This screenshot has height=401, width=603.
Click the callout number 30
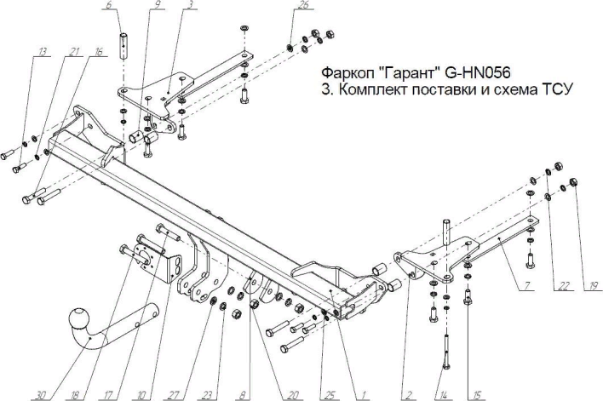pyautogui.click(x=41, y=394)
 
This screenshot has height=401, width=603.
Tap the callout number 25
pyautogui.click(x=328, y=394)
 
